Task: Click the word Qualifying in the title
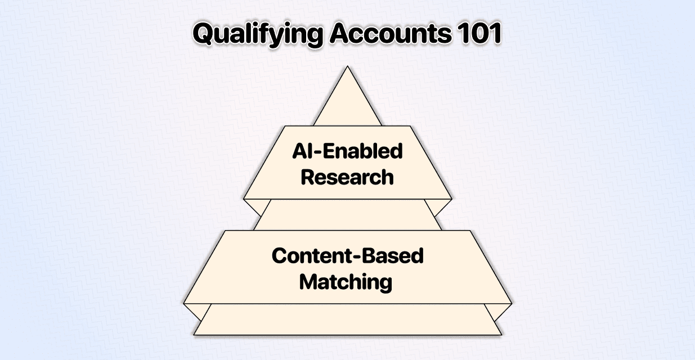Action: pyautogui.click(x=258, y=34)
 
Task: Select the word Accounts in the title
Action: pyautogui.click(x=391, y=33)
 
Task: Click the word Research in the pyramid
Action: pyautogui.click(x=347, y=177)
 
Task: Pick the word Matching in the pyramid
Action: pyautogui.click(x=346, y=282)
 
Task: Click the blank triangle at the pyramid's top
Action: pyautogui.click(x=348, y=102)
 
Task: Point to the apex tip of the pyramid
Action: pyautogui.click(x=348, y=66)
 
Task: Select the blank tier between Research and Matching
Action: pyautogui.click(x=348, y=214)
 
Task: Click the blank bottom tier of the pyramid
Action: pyautogui.click(x=348, y=319)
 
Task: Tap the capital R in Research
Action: pyautogui.click(x=307, y=177)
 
